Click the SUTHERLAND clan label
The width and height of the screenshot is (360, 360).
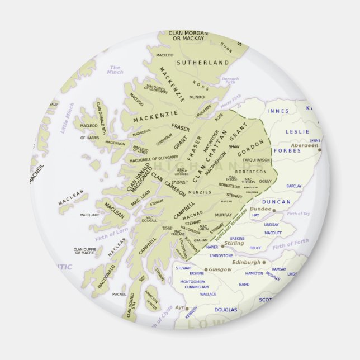[x=203, y=63]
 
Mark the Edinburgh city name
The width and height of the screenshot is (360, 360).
[x=245, y=262]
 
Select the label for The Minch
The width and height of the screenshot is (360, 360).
[x=115, y=70]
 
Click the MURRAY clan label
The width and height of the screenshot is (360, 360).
[x=223, y=215]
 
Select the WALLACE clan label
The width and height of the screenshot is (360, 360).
[x=208, y=294]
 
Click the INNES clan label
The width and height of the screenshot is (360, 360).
[x=278, y=111]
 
